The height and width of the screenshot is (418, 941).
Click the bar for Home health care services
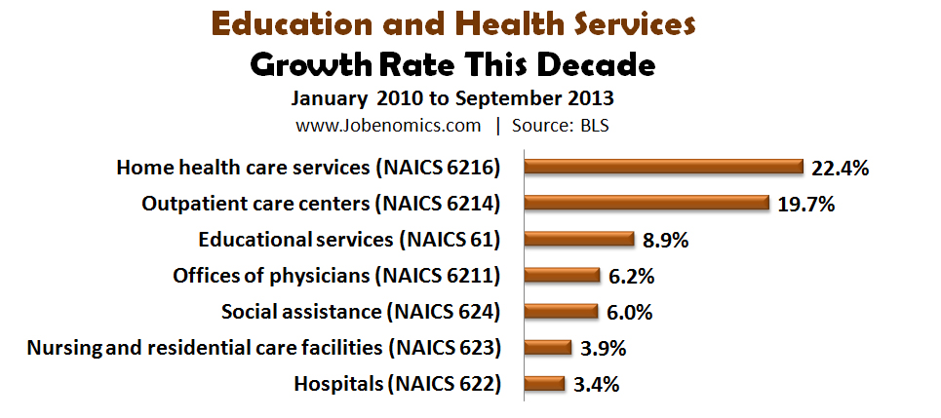(x=663, y=167)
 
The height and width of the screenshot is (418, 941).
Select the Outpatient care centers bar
(x=647, y=203)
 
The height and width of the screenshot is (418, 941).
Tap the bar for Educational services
(x=579, y=239)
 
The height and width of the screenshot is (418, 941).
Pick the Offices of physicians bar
(x=562, y=275)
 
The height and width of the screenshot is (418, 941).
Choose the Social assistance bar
(x=561, y=311)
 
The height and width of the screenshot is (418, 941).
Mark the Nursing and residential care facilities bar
(x=547, y=347)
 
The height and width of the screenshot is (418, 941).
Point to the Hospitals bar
(x=544, y=383)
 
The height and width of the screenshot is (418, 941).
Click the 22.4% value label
(x=840, y=168)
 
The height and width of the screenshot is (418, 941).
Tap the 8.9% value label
(x=667, y=240)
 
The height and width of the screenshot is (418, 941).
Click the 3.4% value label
(x=596, y=384)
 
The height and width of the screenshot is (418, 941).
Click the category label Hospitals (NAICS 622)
(x=397, y=383)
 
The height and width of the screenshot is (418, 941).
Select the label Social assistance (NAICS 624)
(x=361, y=311)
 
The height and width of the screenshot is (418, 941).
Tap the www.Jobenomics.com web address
(x=388, y=125)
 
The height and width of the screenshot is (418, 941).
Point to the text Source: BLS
(x=562, y=125)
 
